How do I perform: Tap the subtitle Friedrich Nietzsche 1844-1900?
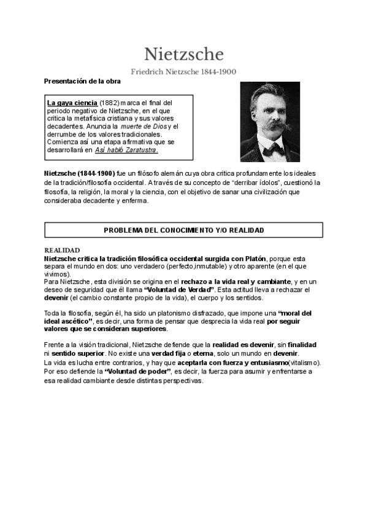[185, 71]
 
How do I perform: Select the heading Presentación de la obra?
[82, 81]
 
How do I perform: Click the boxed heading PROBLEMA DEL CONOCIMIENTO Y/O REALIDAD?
[184, 230]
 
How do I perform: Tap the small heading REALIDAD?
[63, 250]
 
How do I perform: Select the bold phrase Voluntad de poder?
[137, 372]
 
